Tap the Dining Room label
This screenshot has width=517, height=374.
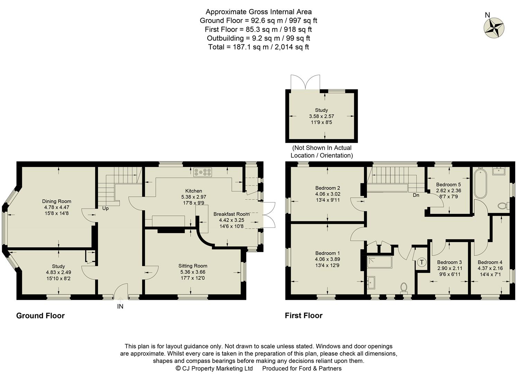[x=57, y=201]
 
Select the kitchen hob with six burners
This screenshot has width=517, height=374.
[x=203, y=172]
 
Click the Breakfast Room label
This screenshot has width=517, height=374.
[x=231, y=214]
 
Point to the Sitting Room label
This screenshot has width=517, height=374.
[x=192, y=266]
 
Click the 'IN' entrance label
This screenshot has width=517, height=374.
[x=120, y=306]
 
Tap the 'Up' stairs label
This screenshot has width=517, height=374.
[x=105, y=208]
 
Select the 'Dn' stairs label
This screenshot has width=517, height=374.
[x=416, y=195]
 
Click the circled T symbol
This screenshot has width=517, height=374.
[x=421, y=262]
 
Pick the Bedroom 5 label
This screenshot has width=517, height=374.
[x=448, y=185]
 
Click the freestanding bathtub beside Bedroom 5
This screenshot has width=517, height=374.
[x=480, y=183]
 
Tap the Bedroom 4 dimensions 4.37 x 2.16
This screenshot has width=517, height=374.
[x=490, y=268]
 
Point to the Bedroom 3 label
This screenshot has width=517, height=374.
[x=449, y=262]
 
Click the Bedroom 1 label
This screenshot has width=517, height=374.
[x=327, y=253]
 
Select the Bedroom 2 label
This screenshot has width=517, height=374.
[x=327, y=188]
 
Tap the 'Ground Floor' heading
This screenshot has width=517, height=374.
[x=40, y=315]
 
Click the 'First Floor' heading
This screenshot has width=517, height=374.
[x=303, y=315]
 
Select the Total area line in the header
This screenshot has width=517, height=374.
[x=258, y=47]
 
